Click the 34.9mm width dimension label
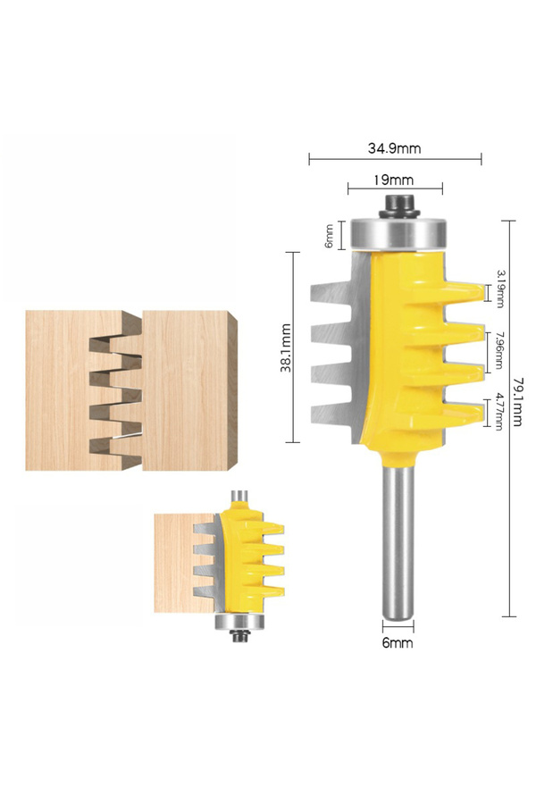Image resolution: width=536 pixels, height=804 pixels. [395, 147]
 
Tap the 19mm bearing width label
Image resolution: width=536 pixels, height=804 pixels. [393, 180]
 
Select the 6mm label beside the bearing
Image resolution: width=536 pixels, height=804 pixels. [330, 235]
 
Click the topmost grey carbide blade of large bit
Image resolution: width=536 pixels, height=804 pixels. [335, 294]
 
